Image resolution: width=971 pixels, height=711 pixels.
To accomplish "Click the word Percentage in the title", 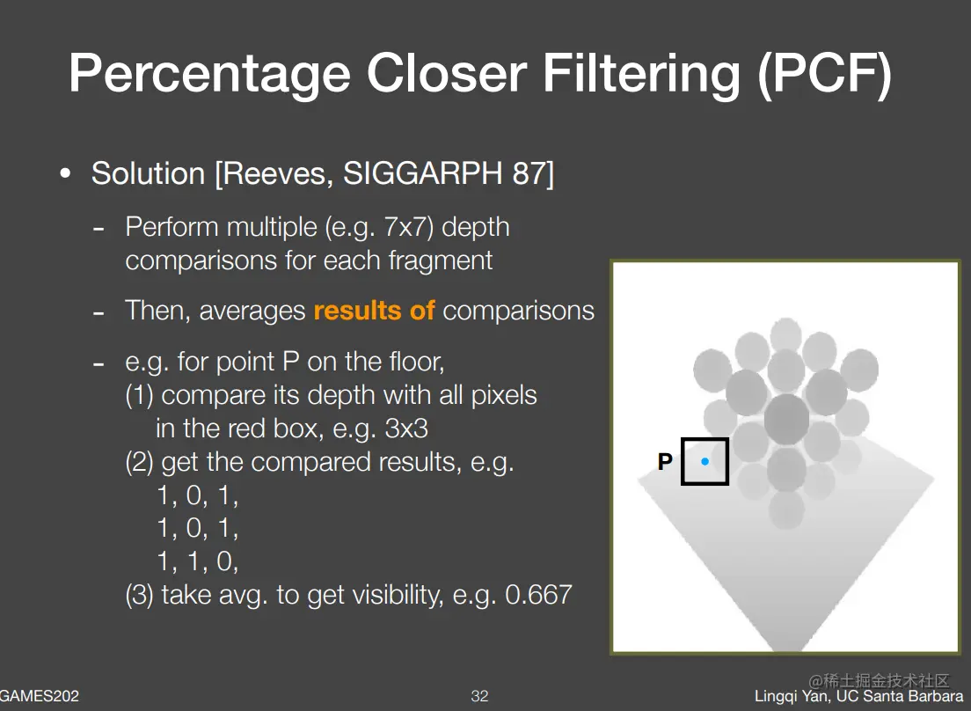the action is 210,74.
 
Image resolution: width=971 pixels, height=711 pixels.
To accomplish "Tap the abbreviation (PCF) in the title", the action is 824,74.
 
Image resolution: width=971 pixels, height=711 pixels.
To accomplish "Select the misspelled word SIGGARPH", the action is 423,172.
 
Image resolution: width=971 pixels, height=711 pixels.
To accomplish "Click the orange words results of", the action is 374,311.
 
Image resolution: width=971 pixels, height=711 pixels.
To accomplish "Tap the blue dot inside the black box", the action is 705,461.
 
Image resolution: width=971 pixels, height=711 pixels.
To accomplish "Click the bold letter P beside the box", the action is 664,461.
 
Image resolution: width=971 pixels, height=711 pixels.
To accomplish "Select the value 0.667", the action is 538,595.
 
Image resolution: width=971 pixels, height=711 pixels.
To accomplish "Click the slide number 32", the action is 479,696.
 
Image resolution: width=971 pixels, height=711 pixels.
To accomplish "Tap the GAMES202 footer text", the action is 40,696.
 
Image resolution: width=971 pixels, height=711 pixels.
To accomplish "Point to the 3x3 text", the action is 406,429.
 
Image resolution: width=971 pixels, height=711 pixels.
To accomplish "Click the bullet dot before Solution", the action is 65,174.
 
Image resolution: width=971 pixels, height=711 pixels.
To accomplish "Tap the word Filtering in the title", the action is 641,74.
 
